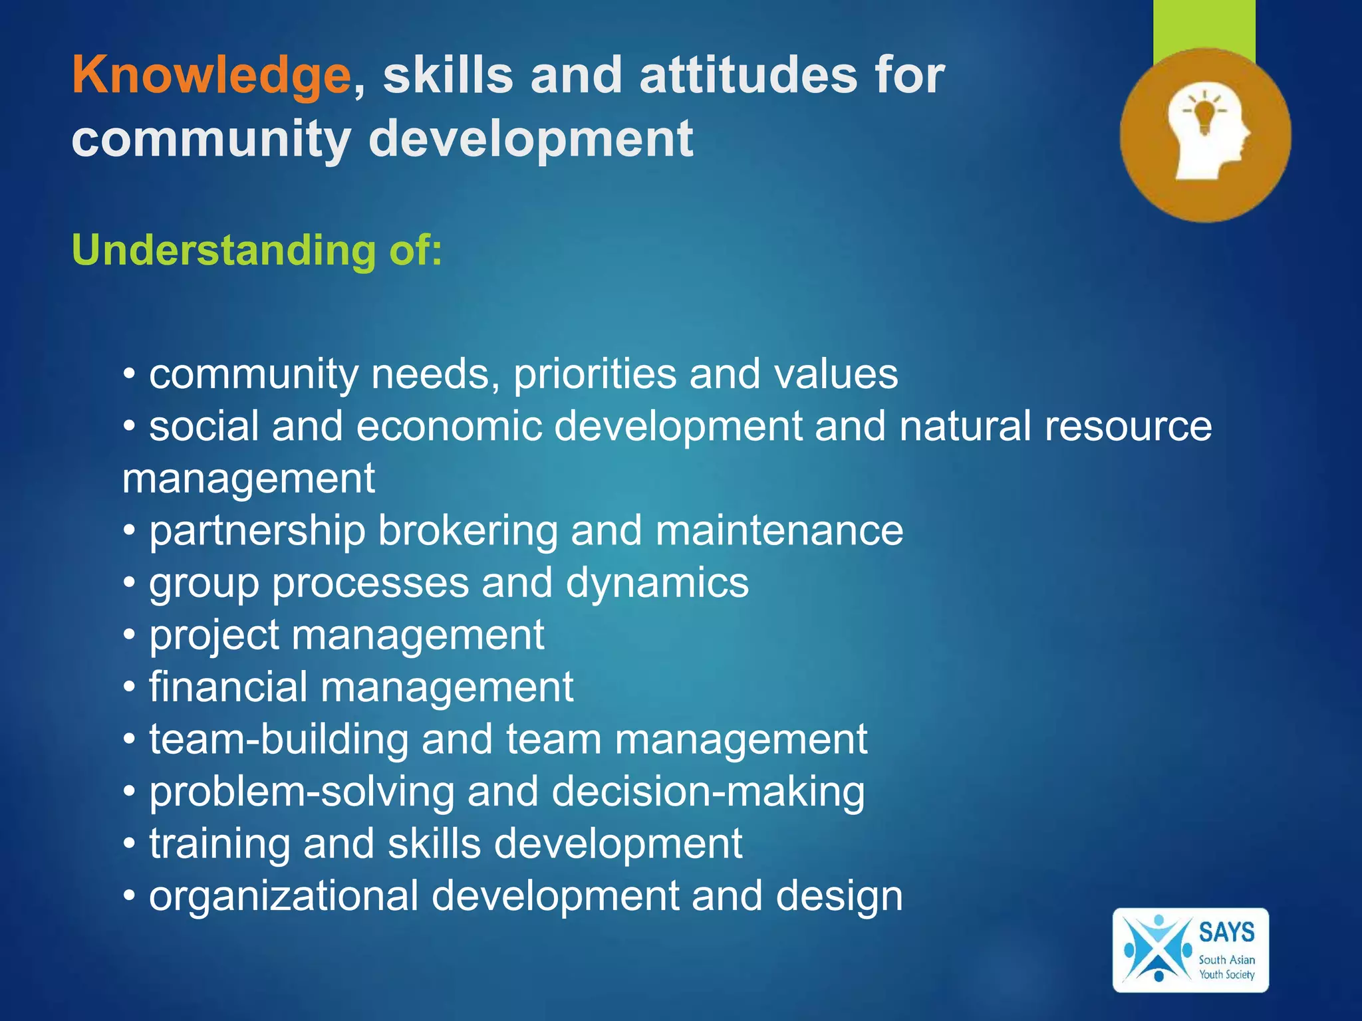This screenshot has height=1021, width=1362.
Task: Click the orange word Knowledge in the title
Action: [x=211, y=76]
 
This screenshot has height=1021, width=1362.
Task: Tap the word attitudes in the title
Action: [x=748, y=74]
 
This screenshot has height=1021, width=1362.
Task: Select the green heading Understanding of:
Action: [x=257, y=250]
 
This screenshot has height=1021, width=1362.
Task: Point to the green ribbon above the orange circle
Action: [x=1204, y=27]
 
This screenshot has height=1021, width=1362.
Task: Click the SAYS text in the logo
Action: [x=1226, y=932]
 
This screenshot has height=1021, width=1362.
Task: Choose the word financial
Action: [x=228, y=687]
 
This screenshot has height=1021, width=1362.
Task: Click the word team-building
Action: [x=279, y=739]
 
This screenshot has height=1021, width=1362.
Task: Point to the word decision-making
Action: [x=708, y=792]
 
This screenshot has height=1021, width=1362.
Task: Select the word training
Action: [x=219, y=844]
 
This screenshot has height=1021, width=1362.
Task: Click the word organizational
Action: [x=284, y=896]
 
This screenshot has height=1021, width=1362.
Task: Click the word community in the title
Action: [x=211, y=139]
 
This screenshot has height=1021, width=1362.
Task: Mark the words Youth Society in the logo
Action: [x=1226, y=974]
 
